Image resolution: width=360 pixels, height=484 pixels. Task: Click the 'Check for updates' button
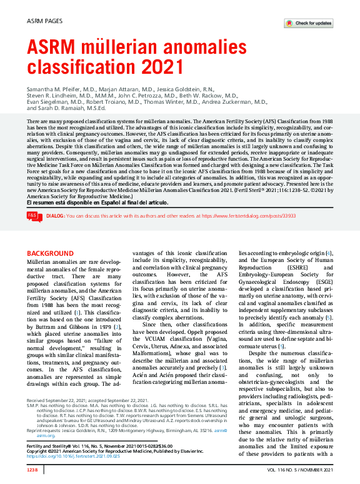(x=308, y=23)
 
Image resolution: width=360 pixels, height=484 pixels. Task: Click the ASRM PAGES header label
(x=45, y=21)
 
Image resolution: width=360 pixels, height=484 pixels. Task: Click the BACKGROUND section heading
(x=50, y=253)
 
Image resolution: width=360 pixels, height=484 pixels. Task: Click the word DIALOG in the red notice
(x=55, y=216)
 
